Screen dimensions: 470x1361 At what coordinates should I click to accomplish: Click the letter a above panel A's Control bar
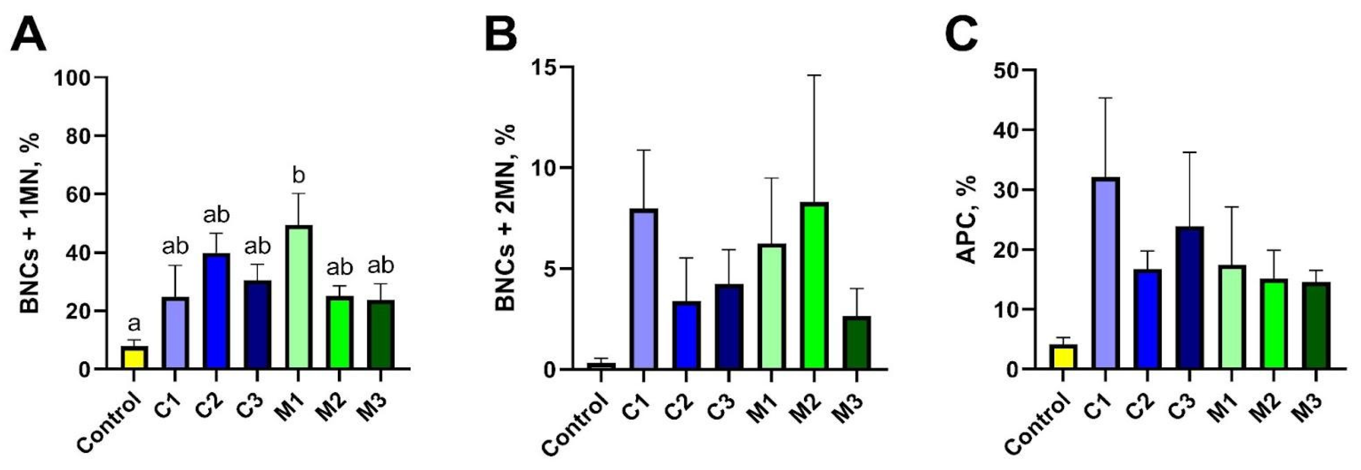(134, 323)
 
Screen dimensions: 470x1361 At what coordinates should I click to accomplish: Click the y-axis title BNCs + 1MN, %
(31, 223)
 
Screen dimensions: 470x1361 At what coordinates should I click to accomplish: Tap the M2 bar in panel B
(814, 286)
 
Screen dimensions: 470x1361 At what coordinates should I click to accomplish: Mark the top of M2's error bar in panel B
(814, 76)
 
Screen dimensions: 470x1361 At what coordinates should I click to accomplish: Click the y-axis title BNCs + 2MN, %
(506, 217)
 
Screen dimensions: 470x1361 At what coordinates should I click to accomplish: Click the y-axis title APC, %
(967, 219)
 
